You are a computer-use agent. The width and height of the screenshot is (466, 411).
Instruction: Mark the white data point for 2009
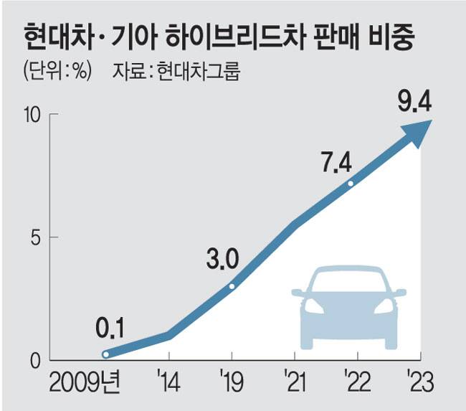[106, 354]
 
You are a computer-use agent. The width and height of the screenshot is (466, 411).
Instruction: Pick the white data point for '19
[232, 286]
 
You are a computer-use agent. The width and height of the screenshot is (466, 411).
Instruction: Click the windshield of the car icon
[349, 280]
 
